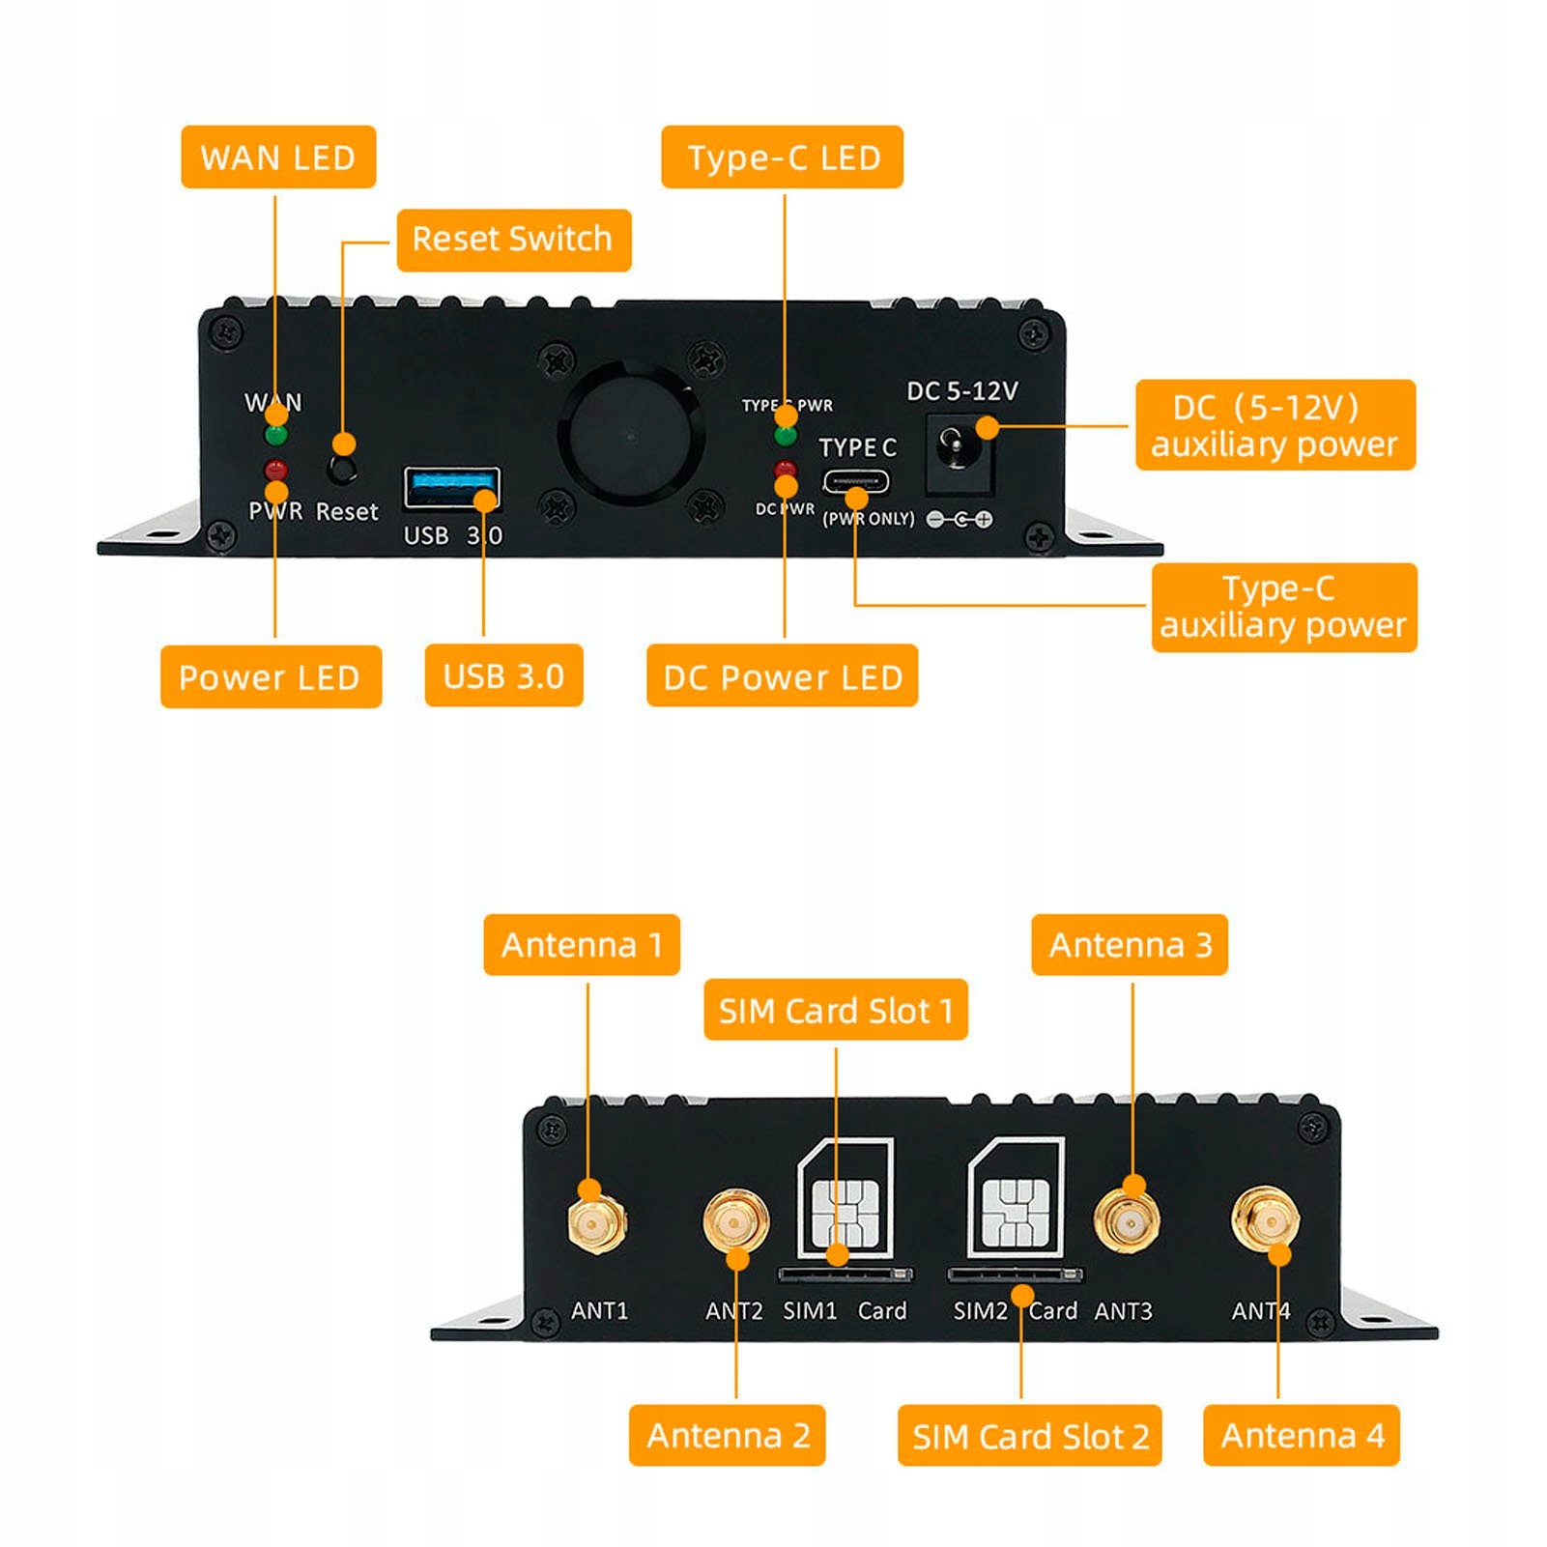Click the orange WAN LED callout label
click(278, 157)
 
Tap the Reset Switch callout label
click(513, 240)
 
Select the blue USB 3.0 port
click(451, 487)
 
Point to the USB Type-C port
click(855, 482)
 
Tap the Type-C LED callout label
click(783, 157)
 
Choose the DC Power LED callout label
click(782, 676)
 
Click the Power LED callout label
click(271, 676)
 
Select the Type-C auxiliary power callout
click(1283, 607)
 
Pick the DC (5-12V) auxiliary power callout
click(1275, 425)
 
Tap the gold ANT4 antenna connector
click(1266, 1220)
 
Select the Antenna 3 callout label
click(1130, 944)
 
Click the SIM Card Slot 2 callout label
click(1030, 1436)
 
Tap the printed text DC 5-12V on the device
click(961, 391)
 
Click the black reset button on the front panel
click(342, 471)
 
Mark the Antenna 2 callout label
click(728, 1435)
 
